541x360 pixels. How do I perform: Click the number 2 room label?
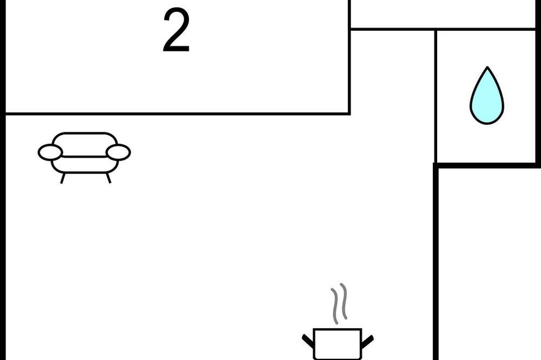coord(176,31)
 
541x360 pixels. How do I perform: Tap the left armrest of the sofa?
coord(50,152)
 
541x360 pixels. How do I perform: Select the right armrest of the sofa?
coord(118,152)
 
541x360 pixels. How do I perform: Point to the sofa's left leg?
coord(63,178)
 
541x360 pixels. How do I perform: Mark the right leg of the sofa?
coord(108,178)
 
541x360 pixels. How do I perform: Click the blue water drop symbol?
coord(486,100)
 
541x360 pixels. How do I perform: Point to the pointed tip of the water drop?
coord(487,69)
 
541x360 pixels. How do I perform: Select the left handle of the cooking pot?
coord(308,341)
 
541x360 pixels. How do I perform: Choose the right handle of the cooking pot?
coord(367,341)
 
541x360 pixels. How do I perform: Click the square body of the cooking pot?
coord(338,344)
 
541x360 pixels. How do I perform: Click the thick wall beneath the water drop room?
coord(487,165)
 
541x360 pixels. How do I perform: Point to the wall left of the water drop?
coord(436,97)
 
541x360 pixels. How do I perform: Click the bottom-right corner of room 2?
coord(349,114)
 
